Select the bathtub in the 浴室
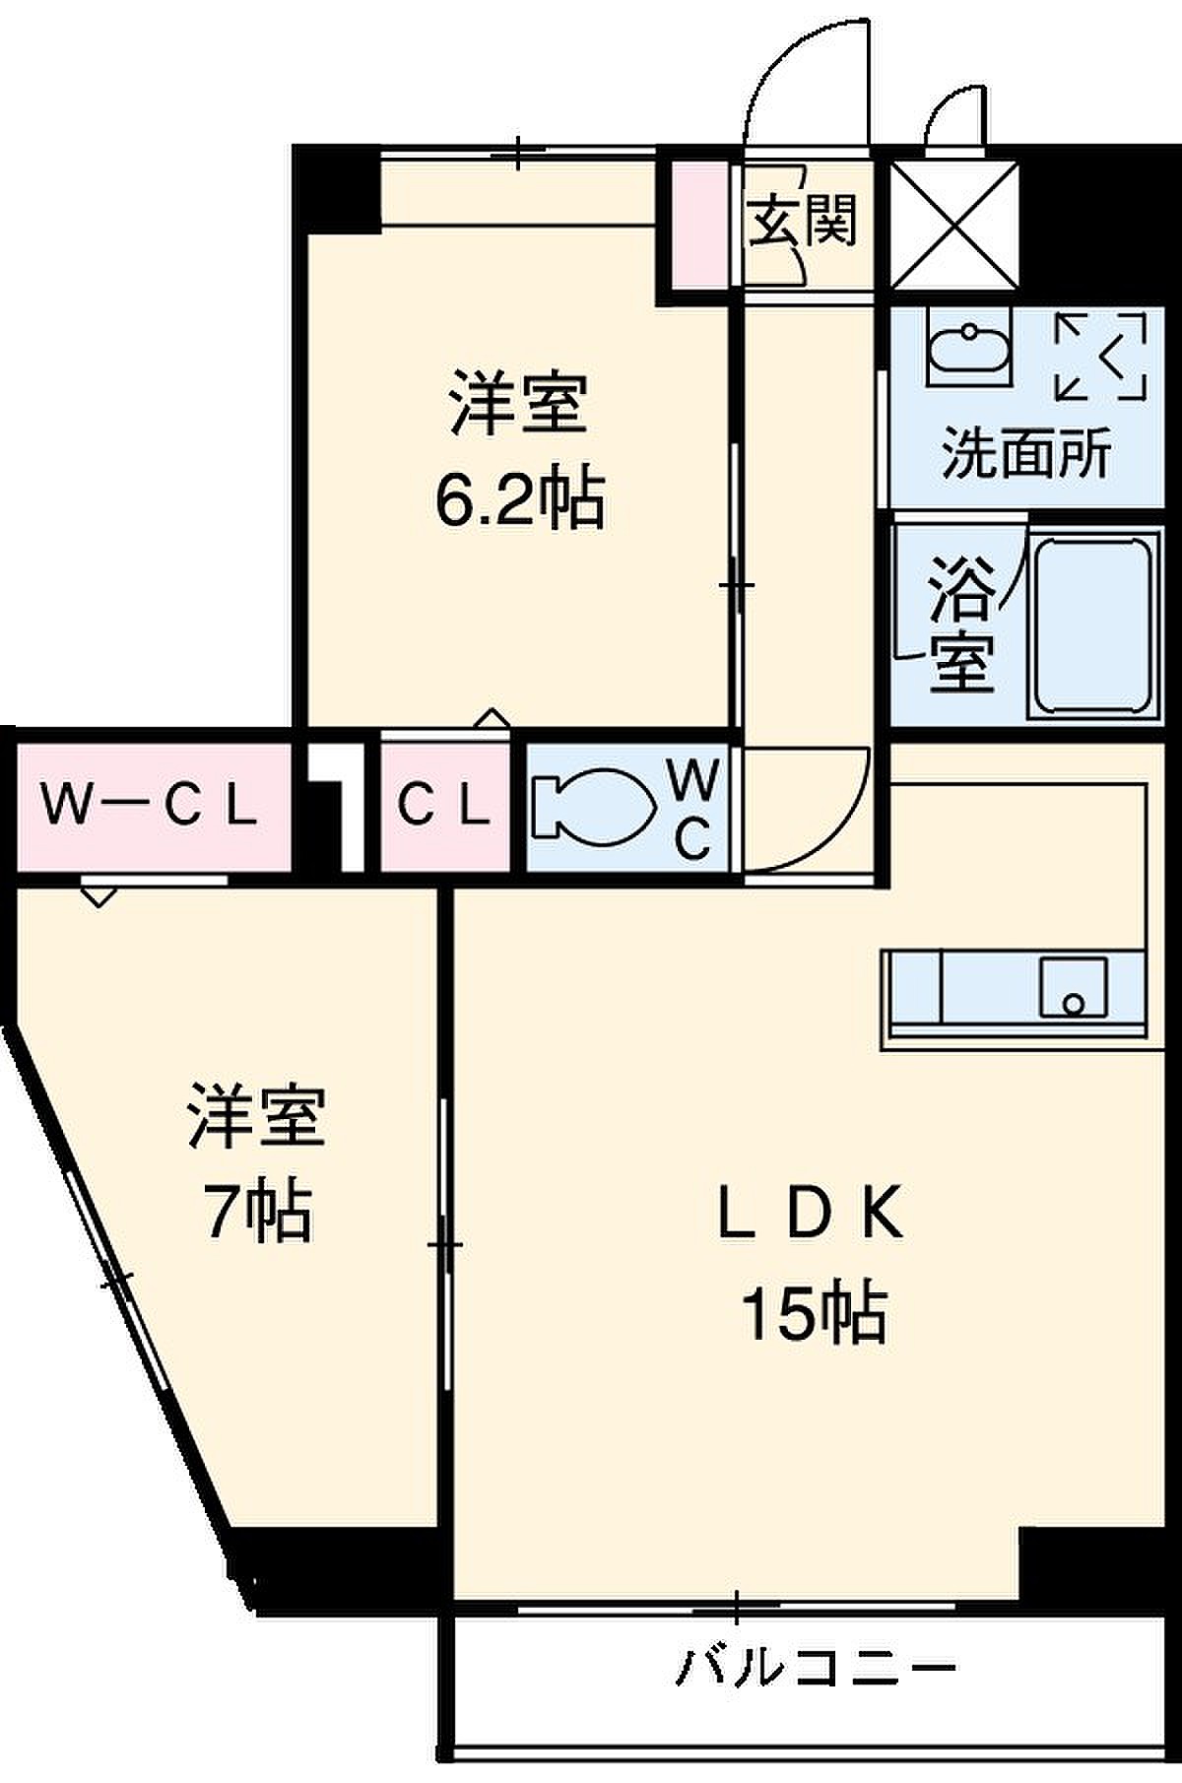(1091, 627)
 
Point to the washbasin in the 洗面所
(968, 349)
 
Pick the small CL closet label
(444, 806)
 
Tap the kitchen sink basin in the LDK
(1073, 986)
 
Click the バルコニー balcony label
(816, 1668)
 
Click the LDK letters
(810, 1213)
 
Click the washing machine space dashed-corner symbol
(1101, 356)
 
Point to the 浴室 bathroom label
(961, 625)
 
